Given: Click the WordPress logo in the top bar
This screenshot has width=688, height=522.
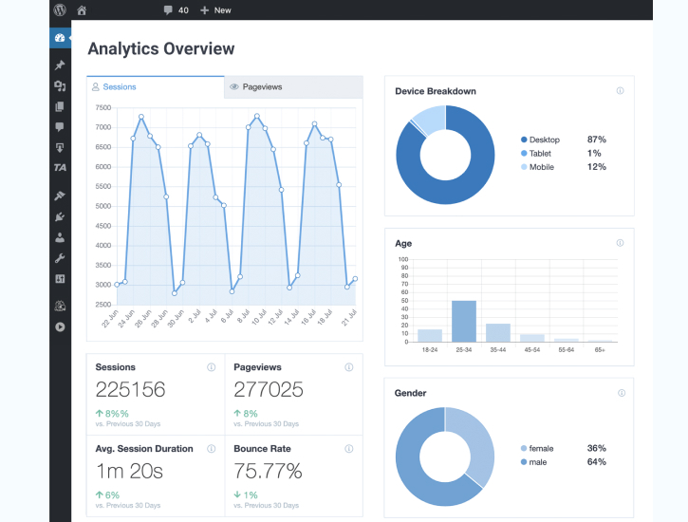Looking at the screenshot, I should (60, 10).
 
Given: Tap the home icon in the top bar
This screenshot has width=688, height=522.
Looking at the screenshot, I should (82, 10).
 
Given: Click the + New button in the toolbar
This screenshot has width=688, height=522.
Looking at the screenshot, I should (215, 10).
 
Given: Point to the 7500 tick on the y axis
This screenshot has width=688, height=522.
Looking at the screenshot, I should (103, 107).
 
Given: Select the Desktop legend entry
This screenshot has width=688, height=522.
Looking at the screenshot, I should (544, 140).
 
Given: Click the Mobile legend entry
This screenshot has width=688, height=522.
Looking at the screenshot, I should (541, 167).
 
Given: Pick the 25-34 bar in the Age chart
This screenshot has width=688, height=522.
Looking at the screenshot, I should (464, 321).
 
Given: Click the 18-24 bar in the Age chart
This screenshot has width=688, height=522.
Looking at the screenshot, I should (430, 335).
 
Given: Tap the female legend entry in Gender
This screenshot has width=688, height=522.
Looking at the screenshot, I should (541, 448).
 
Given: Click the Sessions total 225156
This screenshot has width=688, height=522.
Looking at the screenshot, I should (130, 389).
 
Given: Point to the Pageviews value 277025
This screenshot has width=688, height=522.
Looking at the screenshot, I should (269, 389).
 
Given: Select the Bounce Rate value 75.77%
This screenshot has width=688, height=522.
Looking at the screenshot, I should (268, 471).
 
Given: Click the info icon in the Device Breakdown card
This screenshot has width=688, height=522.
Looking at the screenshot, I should (620, 91).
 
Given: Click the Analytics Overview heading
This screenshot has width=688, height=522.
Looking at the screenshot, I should (160, 48).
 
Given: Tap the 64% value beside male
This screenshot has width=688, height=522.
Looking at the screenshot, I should (596, 462).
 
